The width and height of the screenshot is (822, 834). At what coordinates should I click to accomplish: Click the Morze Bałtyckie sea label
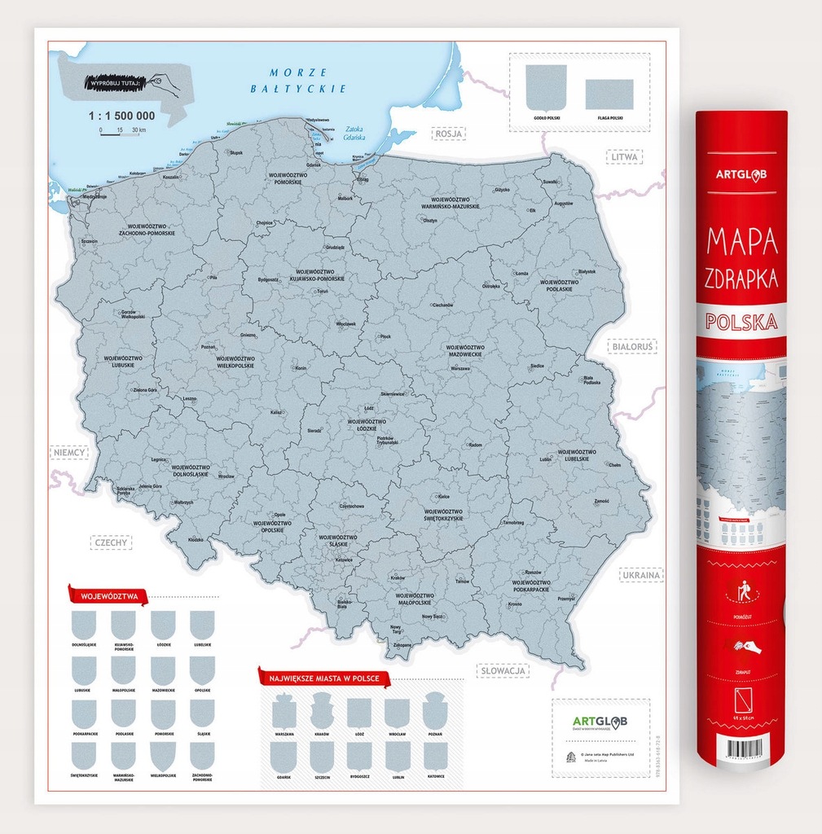310,81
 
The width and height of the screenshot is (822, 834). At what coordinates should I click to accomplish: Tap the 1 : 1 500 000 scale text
121,116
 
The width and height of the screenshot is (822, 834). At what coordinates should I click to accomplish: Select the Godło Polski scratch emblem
546,87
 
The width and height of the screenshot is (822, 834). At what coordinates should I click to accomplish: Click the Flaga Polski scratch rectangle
609,94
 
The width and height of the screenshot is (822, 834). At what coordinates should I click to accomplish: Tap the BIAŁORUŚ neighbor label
633,347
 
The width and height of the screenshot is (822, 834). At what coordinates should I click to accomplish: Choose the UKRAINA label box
641,575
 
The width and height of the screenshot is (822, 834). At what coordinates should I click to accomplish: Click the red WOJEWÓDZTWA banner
108,596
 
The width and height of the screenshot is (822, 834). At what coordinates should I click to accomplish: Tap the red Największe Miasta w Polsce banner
324,678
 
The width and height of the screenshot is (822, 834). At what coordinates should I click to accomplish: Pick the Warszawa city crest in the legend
284,713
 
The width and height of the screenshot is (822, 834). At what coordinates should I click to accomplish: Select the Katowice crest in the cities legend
435,757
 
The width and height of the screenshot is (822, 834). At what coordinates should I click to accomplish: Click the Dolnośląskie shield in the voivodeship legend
84,625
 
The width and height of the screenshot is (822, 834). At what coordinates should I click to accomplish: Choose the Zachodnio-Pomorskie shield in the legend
202,757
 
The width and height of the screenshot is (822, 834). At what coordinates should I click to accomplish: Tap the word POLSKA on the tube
741,321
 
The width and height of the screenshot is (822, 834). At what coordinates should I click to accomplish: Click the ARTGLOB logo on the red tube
741,173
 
